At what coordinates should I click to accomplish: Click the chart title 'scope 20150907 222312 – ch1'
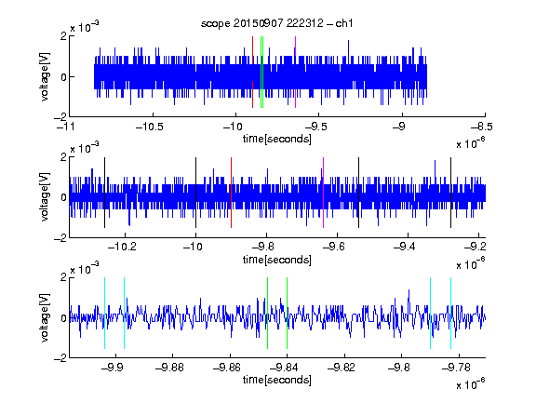coord(277,23)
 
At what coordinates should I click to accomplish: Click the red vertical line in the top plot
coord(252,73)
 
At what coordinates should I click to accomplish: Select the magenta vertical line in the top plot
coord(295,73)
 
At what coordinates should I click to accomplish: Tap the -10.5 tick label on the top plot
coord(150,127)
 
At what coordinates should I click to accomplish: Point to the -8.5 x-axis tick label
coord(482,127)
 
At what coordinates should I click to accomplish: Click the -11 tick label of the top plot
coord(66,127)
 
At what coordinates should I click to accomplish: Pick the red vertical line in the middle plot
coord(231,193)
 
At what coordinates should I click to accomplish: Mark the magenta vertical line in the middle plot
coord(324,193)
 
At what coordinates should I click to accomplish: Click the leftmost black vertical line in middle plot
coord(104,193)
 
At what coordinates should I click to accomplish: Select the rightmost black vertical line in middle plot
coord(450,193)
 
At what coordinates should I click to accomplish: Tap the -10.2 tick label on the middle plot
coord(122,246)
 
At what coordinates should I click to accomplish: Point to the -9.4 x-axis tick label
coord(404,246)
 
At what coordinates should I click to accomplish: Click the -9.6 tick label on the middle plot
coord(334,246)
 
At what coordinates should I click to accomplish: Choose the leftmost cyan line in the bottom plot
coord(104,313)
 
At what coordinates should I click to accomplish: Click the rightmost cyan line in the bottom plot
coord(450,313)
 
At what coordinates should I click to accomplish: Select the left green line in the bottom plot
coord(267,313)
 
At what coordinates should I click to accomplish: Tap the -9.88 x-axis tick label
coord(169,368)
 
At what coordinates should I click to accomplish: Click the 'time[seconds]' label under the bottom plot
coord(277,380)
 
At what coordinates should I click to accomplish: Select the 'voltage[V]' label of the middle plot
coord(45,197)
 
